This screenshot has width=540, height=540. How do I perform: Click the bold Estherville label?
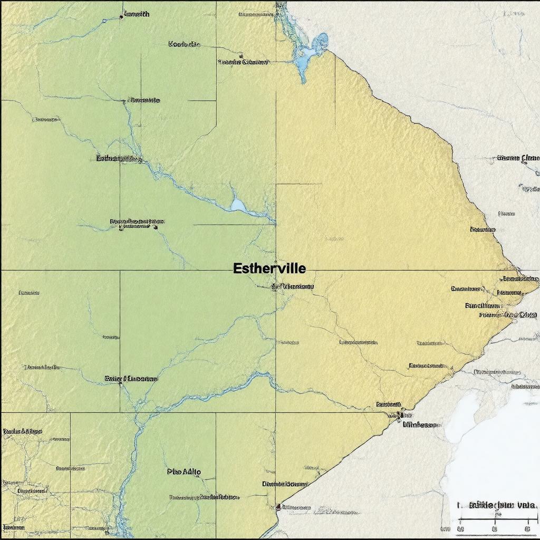tap(269, 268)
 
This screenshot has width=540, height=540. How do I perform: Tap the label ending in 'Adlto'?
tap(184, 472)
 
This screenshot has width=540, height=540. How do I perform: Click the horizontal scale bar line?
tap(496, 519)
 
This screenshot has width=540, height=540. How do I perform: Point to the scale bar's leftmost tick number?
tap(460, 528)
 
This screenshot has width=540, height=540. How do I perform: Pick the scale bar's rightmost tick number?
tap(528, 528)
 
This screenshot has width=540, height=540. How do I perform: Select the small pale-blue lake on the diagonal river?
tap(238, 204)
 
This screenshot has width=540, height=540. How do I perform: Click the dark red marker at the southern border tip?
tap(278, 507)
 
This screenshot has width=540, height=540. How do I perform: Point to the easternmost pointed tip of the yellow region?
tap(537, 285)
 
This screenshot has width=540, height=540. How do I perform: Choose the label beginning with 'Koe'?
tap(184, 44)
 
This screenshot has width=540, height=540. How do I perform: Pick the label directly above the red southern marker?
tap(285, 484)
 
